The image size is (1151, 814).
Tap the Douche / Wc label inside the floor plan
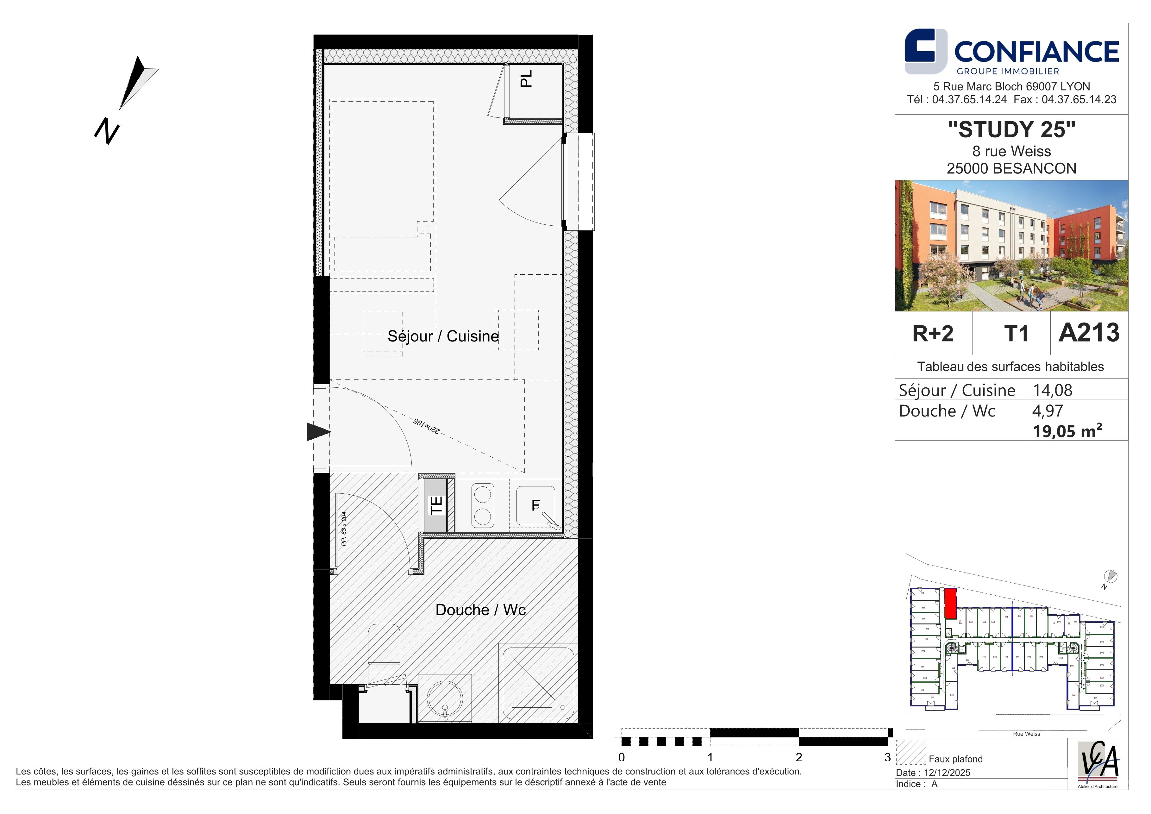pyautogui.click(x=480, y=610)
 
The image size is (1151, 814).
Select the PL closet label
pyautogui.click(x=526, y=79)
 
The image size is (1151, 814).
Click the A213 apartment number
pyautogui.click(x=1089, y=333)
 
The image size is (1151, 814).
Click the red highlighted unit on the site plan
pyautogui.click(x=950, y=603)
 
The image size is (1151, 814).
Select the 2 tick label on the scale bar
pyautogui.click(x=798, y=757)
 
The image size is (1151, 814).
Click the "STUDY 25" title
pyautogui.click(x=1012, y=129)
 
